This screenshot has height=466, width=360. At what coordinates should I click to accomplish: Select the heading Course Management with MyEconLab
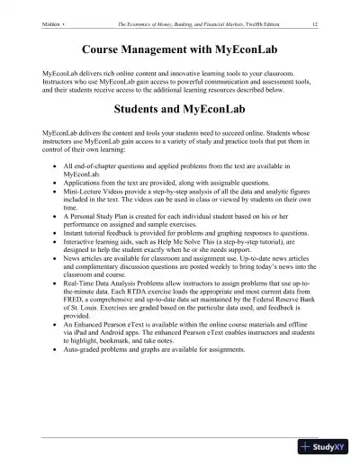tap(180, 49)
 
